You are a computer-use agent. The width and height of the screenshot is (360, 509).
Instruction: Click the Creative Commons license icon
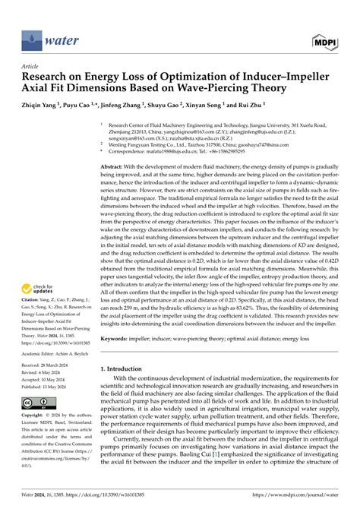pos(35,402)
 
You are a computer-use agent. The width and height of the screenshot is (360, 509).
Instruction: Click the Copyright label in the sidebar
pos(33,417)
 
